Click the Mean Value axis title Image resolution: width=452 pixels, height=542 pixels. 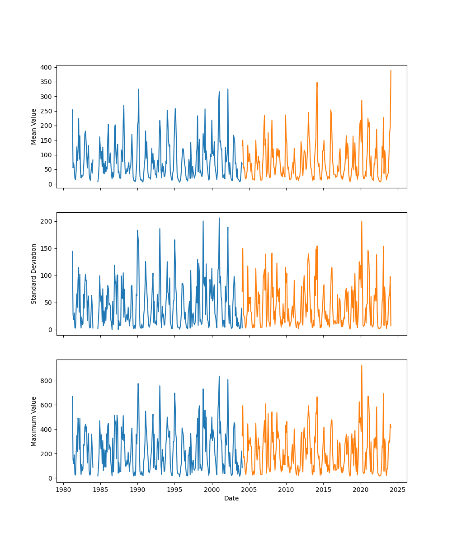point(34,126)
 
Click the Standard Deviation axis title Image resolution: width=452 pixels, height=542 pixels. point(34,274)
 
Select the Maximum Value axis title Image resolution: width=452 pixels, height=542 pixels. point(34,421)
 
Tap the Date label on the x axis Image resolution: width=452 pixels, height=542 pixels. point(231,498)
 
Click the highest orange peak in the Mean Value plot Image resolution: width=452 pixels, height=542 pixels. point(391,70)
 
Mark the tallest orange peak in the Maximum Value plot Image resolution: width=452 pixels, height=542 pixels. point(362,365)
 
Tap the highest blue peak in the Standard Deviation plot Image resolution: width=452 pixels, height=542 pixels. point(219,218)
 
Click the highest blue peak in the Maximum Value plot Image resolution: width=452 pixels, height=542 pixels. point(219,376)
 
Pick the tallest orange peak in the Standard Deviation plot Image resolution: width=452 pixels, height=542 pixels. point(362,221)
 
